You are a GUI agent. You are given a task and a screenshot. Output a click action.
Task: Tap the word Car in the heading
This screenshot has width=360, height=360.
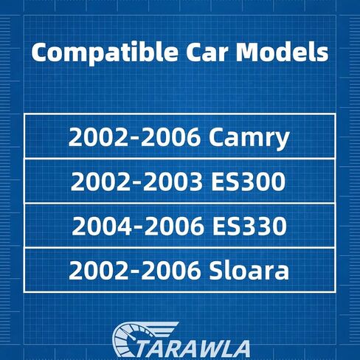(x=207, y=53)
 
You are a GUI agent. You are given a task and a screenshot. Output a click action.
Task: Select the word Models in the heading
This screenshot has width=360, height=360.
(x=283, y=52)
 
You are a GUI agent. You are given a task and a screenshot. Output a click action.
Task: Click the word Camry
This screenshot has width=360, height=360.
(x=249, y=138)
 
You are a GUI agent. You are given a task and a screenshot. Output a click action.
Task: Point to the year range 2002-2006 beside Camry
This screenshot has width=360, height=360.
(x=134, y=137)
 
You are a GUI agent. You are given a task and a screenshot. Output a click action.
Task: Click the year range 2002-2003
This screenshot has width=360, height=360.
(x=136, y=181)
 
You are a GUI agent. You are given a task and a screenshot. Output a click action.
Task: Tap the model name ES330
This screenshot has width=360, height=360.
(x=249, y=226)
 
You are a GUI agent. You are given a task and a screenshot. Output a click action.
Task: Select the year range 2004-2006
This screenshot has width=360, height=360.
(x=137, y=226)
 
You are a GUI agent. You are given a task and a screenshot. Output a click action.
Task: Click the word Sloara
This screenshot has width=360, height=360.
(x=249, y=270)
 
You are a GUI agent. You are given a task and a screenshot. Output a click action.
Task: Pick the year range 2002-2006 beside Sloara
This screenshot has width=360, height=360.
(x=134, y=270)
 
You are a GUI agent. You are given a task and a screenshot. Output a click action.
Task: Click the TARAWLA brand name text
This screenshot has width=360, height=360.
(x=195, y=349)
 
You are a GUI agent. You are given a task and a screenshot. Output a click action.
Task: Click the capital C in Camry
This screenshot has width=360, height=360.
(x=216, y=137)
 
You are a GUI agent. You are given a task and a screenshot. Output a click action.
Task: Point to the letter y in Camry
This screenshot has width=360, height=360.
(x=282, y=141)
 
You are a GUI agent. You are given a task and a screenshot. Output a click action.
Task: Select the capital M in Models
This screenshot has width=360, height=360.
(x=248, y=53)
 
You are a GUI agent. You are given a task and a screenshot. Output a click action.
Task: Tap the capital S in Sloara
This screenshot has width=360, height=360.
(x=216, y=271)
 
